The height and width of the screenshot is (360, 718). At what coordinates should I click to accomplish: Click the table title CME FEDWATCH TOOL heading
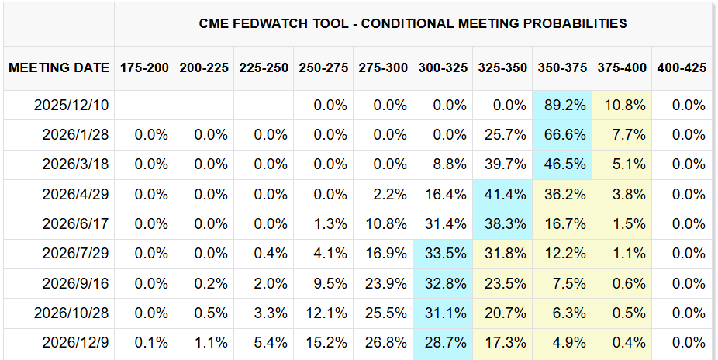pos(413,23)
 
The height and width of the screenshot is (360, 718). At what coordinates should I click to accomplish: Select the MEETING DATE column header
pos(59,67)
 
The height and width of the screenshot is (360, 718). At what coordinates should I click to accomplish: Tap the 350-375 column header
pos(562,67)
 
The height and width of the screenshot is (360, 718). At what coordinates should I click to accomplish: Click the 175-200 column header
pos(144,67)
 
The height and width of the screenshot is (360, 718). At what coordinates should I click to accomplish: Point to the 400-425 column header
pos(682,67)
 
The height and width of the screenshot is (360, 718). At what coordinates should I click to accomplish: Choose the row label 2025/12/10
pos(72,105)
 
